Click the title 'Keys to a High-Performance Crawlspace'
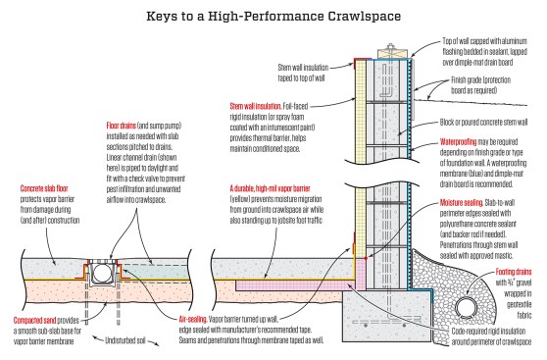[273, 16]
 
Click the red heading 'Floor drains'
[121, 126]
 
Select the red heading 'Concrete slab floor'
[44, 189]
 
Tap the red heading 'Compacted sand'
[34, 320]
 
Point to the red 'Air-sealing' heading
[193, 319]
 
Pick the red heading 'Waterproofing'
[458, 142]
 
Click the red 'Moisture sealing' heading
[461, 202]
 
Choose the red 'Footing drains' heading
[514, 272]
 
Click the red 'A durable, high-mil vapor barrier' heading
[270, 189]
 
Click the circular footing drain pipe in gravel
[466, 308]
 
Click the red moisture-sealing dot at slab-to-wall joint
[366, 258]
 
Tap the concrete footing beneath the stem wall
[387, 316]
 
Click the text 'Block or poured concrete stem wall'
[483, 123]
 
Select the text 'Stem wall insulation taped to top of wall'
[303, 73]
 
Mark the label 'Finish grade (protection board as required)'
[480, 85]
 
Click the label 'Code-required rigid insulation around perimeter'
[491, 336]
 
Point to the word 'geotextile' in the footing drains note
[520, 304]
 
